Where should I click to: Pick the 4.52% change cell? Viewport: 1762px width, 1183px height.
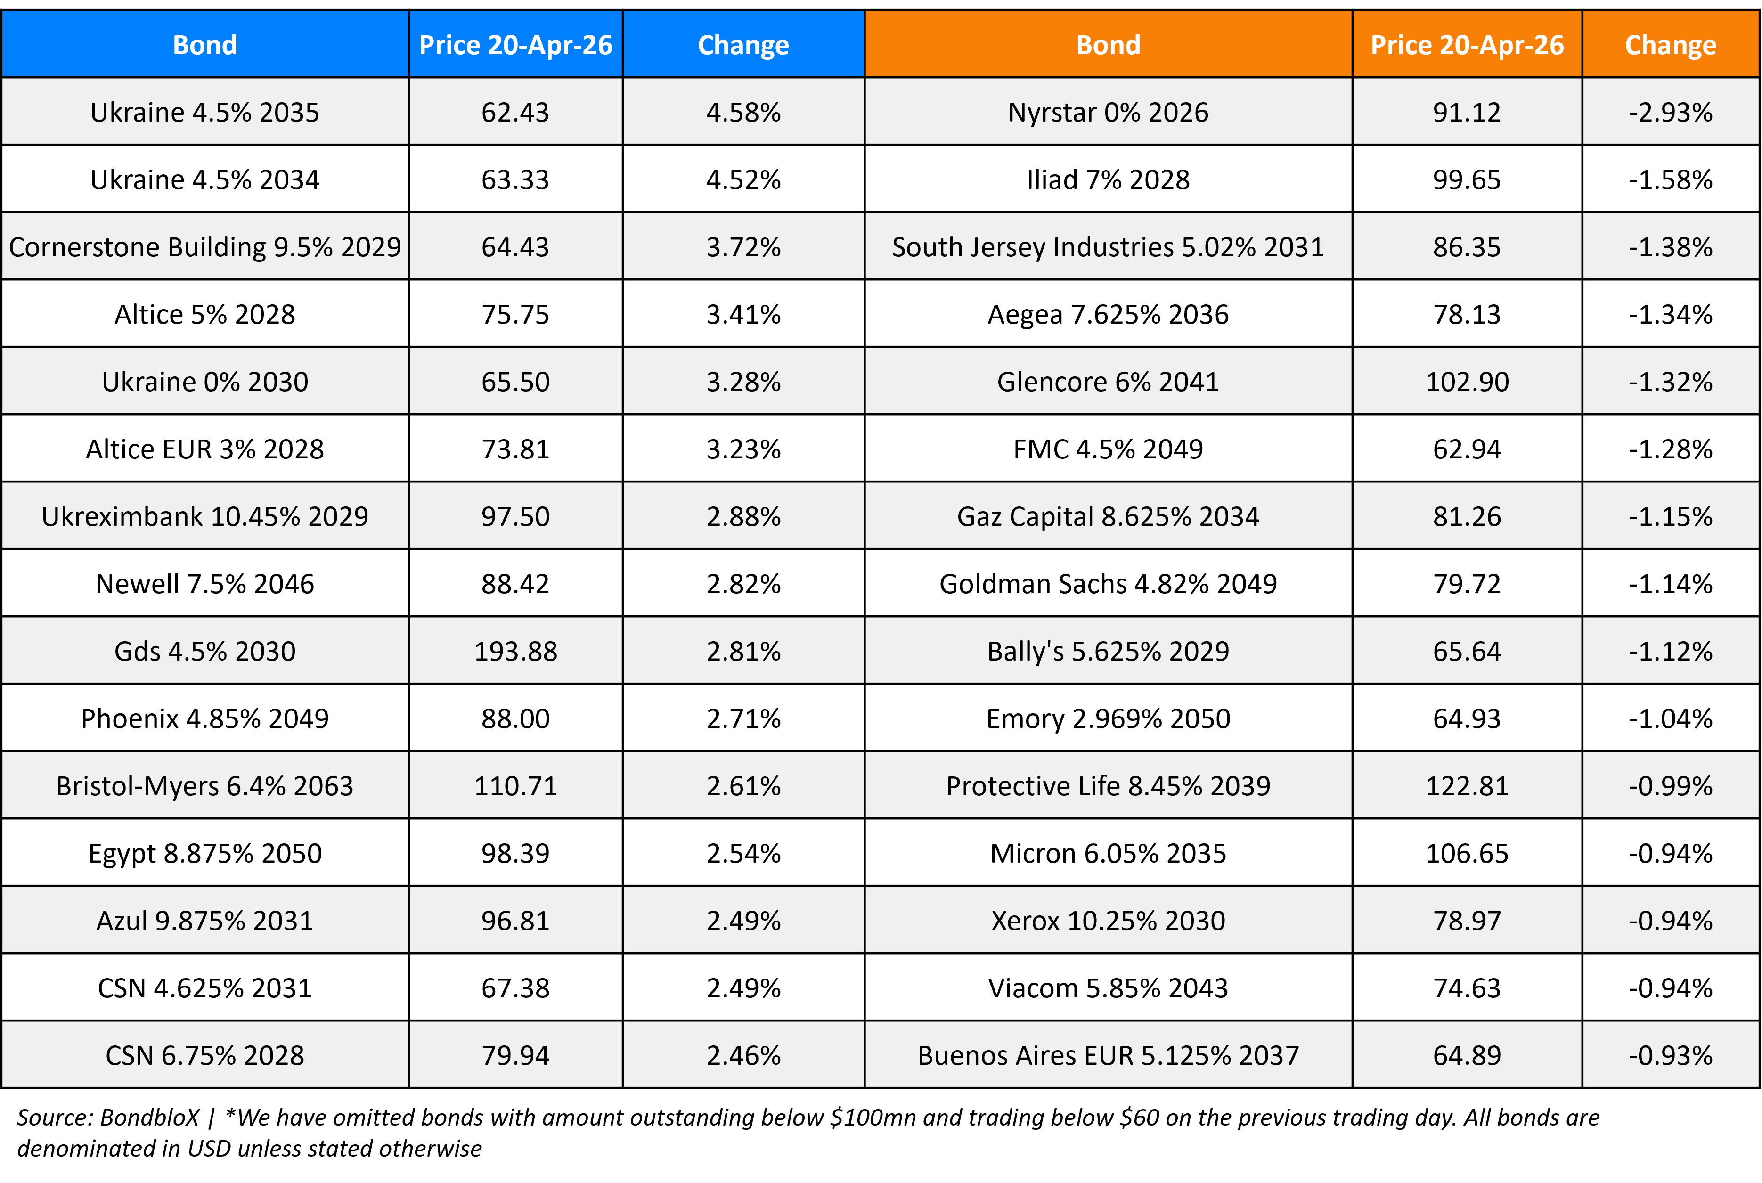click(x=743, y=179)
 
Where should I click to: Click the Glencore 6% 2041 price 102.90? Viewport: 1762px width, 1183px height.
click(x=1466, y=382)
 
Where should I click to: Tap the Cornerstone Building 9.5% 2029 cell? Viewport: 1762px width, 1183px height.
click(x=204, y=247)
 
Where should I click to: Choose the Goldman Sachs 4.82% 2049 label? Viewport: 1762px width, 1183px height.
click(x=1107, y=584)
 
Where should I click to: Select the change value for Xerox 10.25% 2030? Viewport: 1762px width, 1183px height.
click(x=1670, y=921)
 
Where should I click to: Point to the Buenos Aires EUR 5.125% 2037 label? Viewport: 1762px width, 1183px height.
click(x=1107, y=1055)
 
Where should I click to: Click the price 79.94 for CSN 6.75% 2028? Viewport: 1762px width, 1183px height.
click(x=515, y=1055)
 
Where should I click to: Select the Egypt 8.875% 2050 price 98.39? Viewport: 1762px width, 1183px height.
click(x=515, y=853)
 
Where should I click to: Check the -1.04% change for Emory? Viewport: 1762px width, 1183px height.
click(x=1670, y=718)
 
